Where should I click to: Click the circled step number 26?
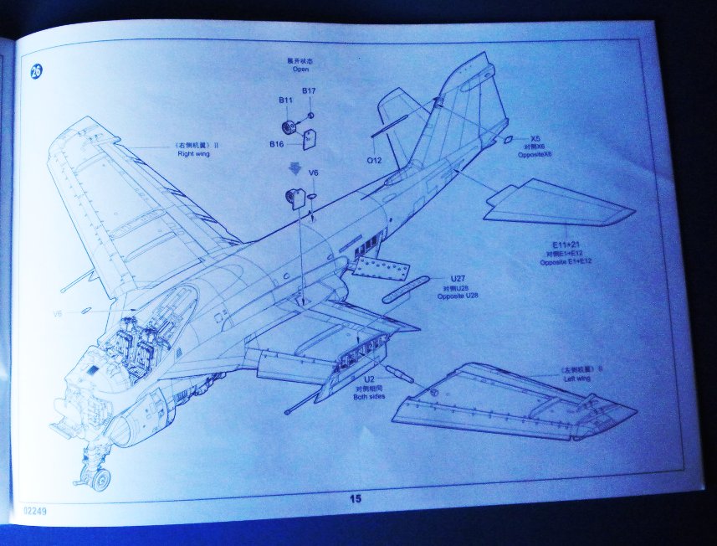coord(35,71)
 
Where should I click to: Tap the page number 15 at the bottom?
coord(355,499)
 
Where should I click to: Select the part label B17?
coord(309,90)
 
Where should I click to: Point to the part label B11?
coord(285,100)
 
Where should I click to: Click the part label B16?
coord(276,144)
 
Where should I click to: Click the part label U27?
coord(457,279)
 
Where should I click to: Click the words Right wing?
coord(192,154)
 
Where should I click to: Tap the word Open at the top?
coord(300,70)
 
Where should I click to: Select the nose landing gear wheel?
coord(100,480)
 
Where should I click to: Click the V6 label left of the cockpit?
coord(57,314)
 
